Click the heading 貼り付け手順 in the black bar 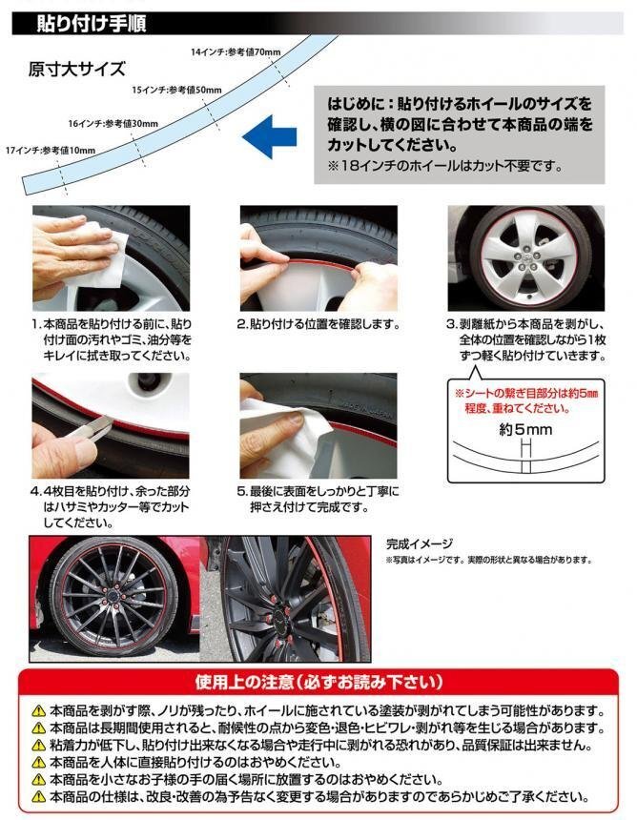[91, 24]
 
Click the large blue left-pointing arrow [269, 137]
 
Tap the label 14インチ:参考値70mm [236, 51]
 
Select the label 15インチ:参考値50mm [176, 90]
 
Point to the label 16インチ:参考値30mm [113, 123]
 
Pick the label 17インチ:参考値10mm [51, 151]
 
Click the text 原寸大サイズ [77, 69]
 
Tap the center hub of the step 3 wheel [525, 257]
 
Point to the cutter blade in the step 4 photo [93, 427]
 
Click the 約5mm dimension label [525, 430]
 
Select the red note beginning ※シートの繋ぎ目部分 [526, 400]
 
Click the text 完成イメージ [420, 543]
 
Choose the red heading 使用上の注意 [319, 682]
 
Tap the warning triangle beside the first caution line [39, 711]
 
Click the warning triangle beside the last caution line [39, 797]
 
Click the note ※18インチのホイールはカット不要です [445, 166]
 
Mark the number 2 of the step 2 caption [241, 324]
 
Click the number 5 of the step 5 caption [241, 492]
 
